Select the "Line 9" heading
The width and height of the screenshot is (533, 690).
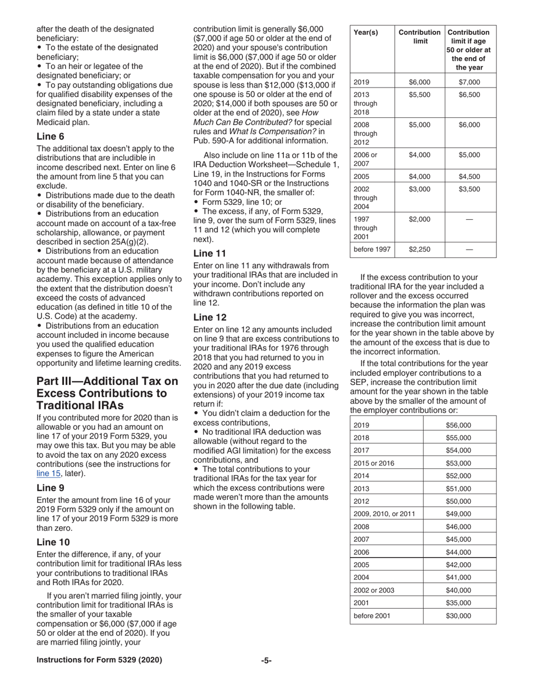tap(50, 488)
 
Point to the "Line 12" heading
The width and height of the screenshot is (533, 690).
tap(209, 317)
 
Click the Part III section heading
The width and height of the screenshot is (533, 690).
tap(107, 393)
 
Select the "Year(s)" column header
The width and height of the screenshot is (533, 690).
tap(366, 33)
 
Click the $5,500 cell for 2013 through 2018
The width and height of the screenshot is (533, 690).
tap(420, 95)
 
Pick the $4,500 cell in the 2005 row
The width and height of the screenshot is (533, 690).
tap(469, 176)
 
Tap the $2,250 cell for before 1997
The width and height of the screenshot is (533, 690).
tap(420, 249)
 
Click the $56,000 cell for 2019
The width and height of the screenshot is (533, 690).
tap(458, 410)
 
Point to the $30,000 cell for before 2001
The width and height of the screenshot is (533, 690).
tap(458, 616)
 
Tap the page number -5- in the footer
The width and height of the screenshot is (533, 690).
tap(266, 660)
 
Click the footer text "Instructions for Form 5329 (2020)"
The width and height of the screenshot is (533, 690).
tap(99, 660)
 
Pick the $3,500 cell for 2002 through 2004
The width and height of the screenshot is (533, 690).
tap(469, 189)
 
